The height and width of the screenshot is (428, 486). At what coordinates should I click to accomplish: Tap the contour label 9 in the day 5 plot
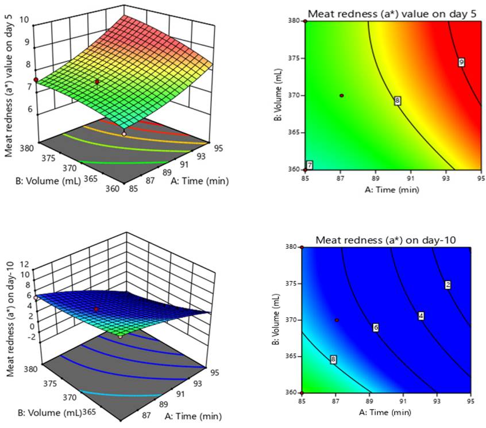461,62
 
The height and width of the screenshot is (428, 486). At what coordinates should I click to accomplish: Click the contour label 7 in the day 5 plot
310,165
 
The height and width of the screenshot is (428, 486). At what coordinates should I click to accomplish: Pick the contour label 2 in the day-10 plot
448,285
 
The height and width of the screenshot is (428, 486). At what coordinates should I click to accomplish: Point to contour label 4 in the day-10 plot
421,316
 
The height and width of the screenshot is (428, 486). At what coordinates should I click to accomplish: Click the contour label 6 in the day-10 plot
376,327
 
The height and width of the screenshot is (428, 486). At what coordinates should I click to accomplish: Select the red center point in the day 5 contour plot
341,95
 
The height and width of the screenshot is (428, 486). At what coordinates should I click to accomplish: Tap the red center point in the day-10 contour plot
337,320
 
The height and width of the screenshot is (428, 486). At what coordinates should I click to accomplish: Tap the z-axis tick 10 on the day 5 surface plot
25,19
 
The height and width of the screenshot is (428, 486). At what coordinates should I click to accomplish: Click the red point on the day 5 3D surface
97,82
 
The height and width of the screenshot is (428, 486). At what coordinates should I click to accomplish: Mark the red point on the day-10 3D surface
96,310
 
